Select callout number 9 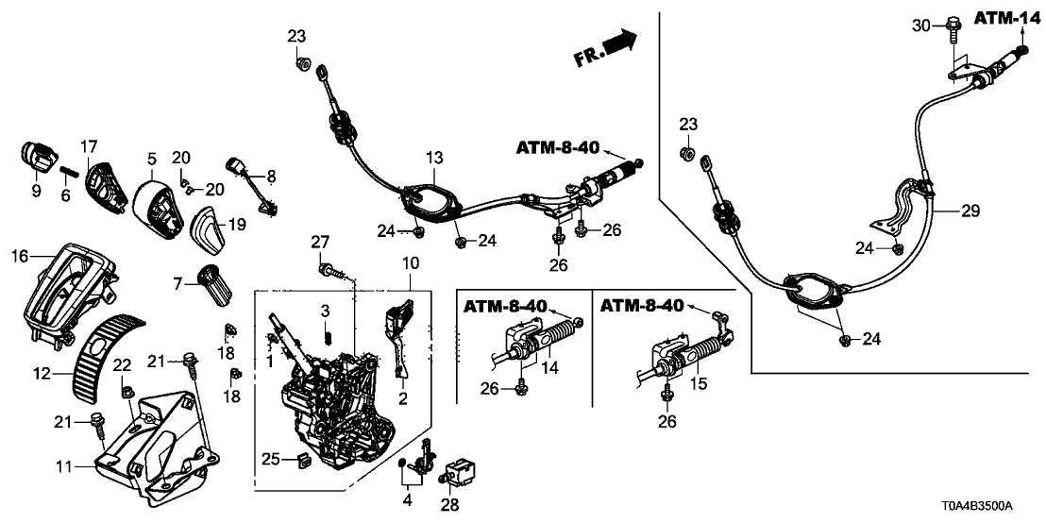(36, 191)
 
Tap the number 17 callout (89, 146)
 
